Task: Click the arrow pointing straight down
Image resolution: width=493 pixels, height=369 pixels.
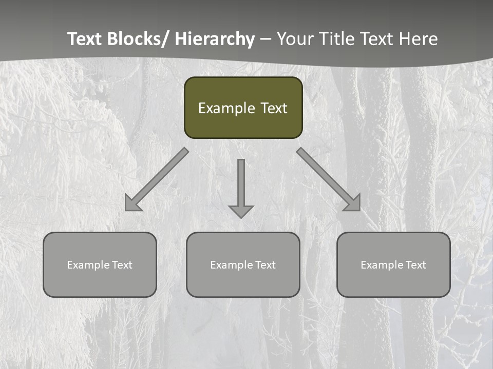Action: tap(241, 184)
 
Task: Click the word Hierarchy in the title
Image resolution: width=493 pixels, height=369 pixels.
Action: tap(215, 39)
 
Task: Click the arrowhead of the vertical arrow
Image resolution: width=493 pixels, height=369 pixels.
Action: tap(241, 211)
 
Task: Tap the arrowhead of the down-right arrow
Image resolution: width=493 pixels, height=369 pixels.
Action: tap(353, 203)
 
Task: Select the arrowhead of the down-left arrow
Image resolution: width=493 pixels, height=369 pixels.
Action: tap(131, 204)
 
